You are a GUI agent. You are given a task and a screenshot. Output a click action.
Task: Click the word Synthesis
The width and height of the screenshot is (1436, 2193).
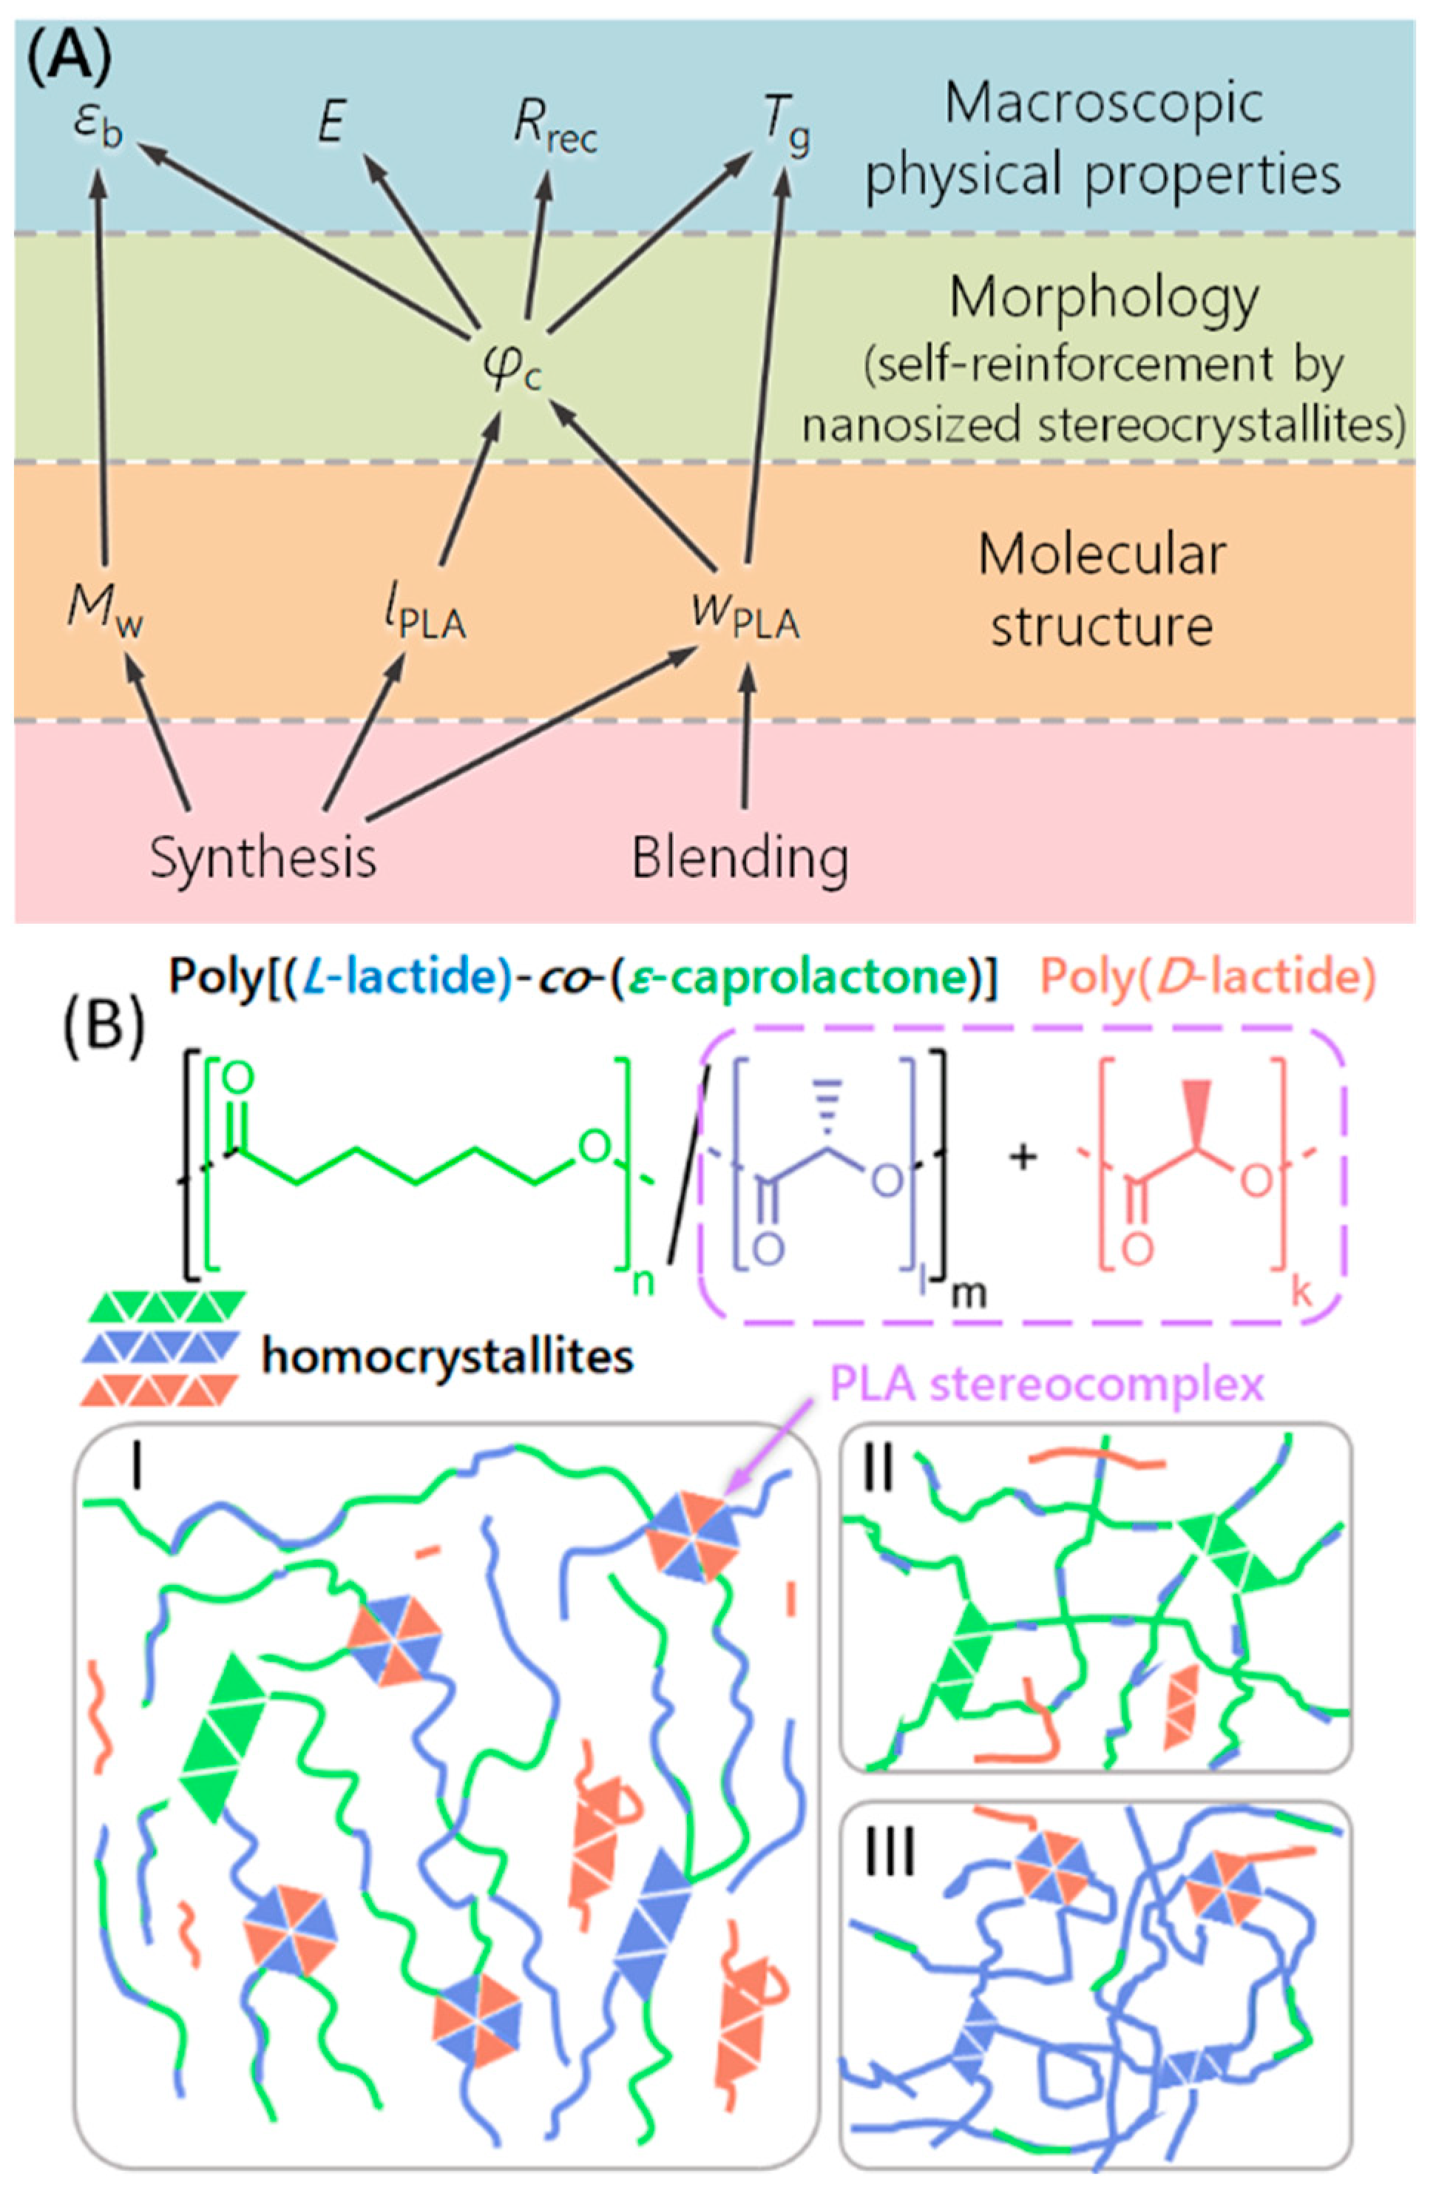(x=263, y=857)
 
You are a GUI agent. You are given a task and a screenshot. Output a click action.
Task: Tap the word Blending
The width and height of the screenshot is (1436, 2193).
(x=739, y=857)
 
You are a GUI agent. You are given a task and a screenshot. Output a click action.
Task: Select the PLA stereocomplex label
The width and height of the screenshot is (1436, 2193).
(x=1047, y=1385)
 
